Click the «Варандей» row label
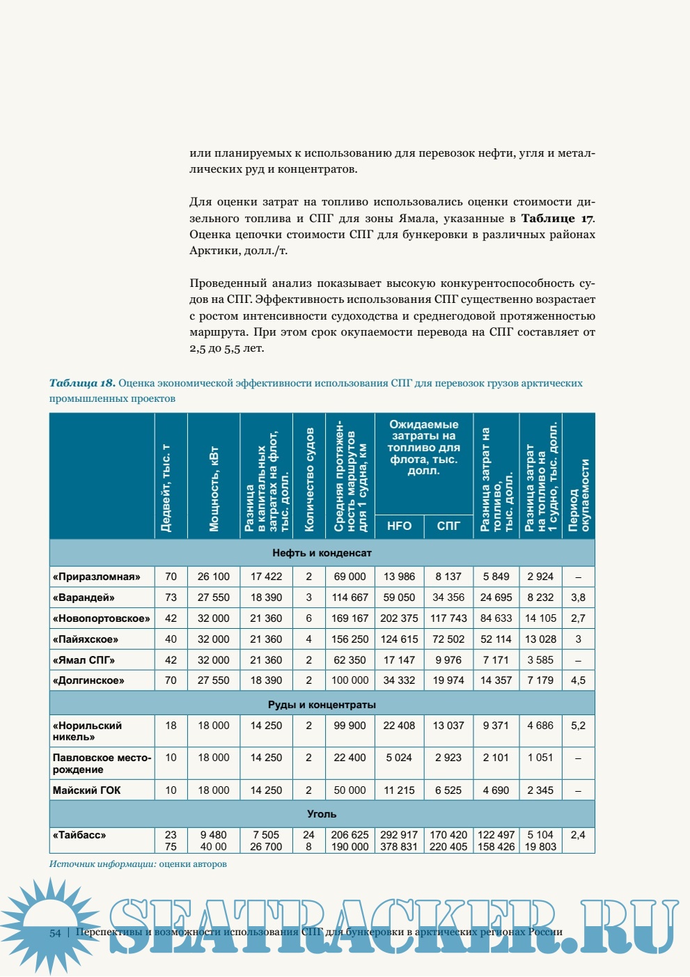(84, 597)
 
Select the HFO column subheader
(399, 526)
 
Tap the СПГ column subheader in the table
(448, 526)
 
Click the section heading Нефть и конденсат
(322, 553)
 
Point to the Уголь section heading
(322, 814)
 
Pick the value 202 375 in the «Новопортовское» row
(399, 618)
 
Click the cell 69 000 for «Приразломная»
(350, 577)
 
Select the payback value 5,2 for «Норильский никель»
(578, 726)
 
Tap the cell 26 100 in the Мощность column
(213, 577)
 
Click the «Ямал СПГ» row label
(84, 660)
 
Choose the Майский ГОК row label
(86, 790)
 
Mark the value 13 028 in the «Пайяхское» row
(540, 639)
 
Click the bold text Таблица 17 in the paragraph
(558, 219)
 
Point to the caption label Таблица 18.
(81, 383)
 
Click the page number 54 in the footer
(55, 933)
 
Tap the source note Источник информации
(102, 864)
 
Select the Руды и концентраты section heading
(322, 705)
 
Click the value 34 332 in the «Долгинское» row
(399, 680)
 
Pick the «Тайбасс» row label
(79, 835)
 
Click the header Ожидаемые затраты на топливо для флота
(423, 447)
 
